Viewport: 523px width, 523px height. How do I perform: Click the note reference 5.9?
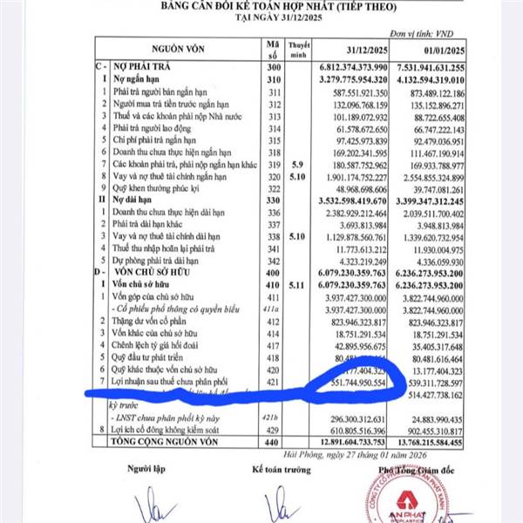point(302,164)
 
